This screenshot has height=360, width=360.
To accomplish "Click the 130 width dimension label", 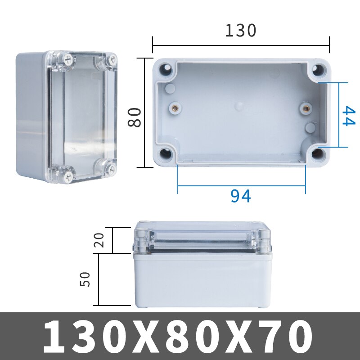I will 240,31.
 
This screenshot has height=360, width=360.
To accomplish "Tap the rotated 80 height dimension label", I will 135,117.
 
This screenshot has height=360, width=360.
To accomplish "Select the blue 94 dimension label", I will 241,196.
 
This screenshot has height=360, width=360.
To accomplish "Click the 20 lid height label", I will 100,240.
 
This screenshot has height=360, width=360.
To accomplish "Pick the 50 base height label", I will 86,279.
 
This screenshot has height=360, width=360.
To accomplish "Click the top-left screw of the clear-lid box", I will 67,58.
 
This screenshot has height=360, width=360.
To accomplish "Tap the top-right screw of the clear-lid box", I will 110,58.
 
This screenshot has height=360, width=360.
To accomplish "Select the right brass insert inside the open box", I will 306,108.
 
